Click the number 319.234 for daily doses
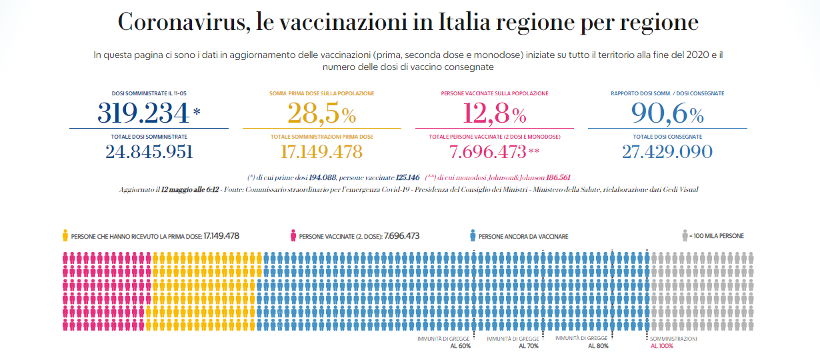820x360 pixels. coord(143,113)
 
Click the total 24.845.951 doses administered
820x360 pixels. coord(149,152)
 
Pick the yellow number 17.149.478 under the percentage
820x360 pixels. coord(321,152)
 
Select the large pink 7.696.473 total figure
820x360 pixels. coord(488,152)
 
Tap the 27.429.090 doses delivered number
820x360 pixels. coord(667,152)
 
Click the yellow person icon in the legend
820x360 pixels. coord(65,235)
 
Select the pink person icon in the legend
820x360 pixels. coord(293,235)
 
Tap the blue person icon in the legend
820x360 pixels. coord(473,235)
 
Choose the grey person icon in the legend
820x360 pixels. coord(685,235)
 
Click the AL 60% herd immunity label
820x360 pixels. coord(460,346)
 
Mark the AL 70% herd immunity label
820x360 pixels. coord(529,346)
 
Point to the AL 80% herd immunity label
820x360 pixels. coord(597,346)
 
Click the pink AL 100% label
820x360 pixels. coord(662,346)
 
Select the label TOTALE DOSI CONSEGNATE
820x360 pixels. coord(667,137)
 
